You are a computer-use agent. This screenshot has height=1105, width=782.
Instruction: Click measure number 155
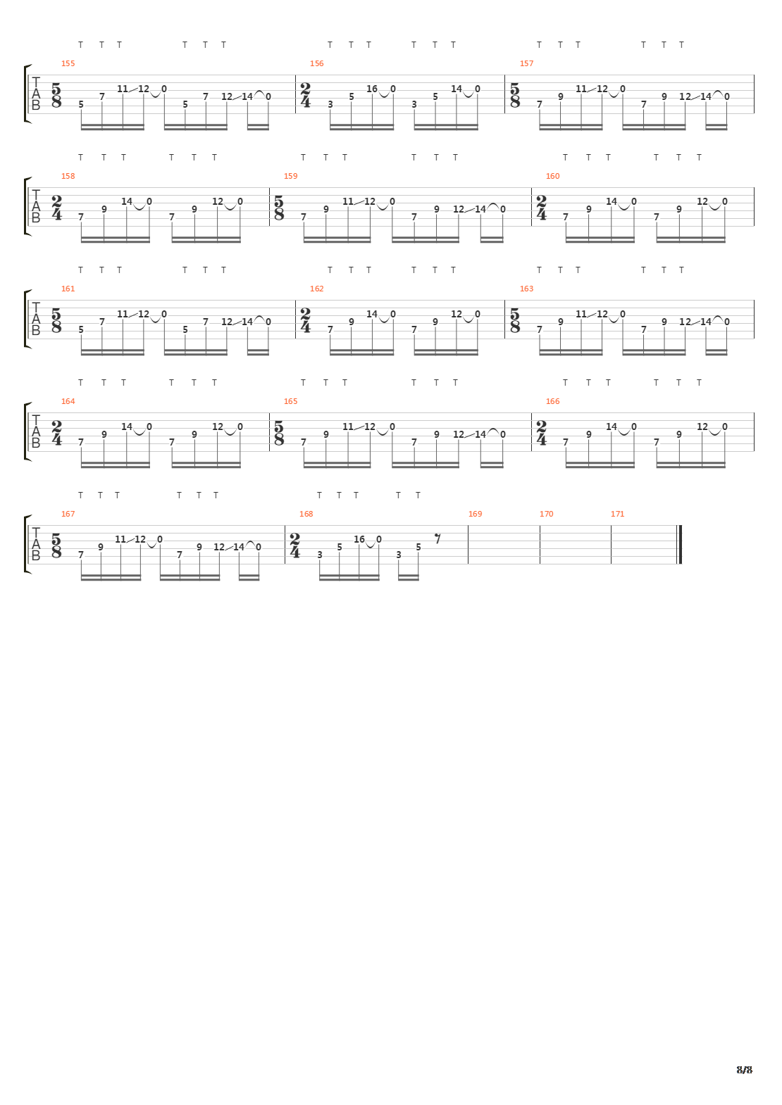tap(68, 63)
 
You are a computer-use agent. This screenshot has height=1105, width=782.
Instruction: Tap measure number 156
tap(317, 63)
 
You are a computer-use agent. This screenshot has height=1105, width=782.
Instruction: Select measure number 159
tap(291, 176)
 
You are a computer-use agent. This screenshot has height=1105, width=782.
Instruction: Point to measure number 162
tap(317, 289)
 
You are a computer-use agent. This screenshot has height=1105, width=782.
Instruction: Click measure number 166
tap(553, 401)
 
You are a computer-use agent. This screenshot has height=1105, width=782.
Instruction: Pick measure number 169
tap(476, 514)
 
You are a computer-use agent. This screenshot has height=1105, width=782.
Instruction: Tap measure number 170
tap(547, 514)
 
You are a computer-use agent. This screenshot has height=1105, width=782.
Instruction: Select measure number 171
tap(618, 514)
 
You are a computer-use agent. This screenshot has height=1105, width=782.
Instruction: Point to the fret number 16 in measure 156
tap(372, 89)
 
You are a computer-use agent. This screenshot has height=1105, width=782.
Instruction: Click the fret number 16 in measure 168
tap(359, 539)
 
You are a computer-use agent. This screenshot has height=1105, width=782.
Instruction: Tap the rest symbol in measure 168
tap(437, 538)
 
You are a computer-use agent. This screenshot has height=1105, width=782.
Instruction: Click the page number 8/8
tap(745, 1070)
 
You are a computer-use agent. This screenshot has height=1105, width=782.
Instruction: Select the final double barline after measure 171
tap(679, 545)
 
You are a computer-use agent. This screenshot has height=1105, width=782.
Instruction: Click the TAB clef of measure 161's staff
tap(36, 319)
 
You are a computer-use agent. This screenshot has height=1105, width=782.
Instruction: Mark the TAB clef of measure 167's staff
tap(36, 545)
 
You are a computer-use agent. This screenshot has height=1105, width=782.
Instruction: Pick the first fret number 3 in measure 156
tap(330, 105)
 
